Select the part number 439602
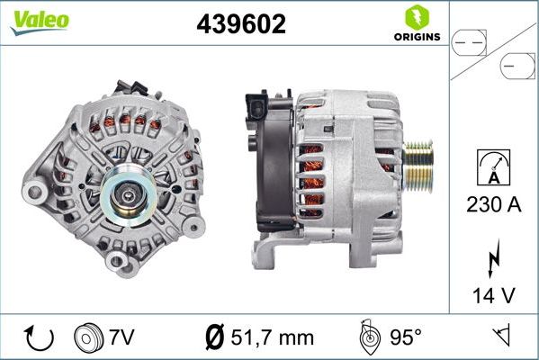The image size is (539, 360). [241, 25]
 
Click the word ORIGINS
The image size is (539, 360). [417, 38]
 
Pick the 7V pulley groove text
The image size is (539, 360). [121, 337]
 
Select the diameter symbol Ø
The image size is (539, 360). [214, 337]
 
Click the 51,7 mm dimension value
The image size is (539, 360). [272, 337]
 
